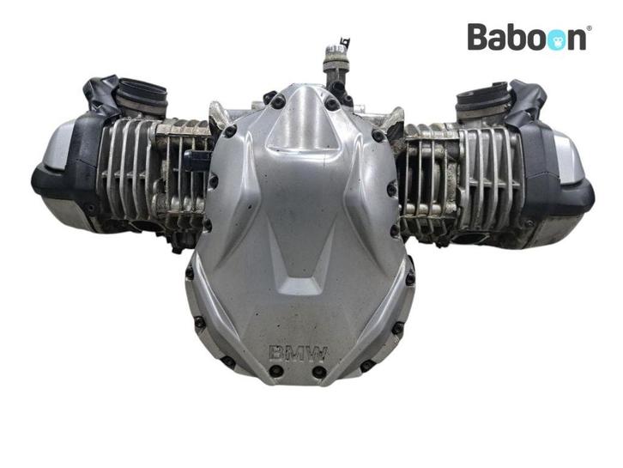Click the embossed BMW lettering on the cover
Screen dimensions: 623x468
[x=299, y=354]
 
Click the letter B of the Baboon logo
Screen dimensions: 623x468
[x=478, y=36]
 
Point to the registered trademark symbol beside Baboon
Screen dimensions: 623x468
[x=589, y=28]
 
